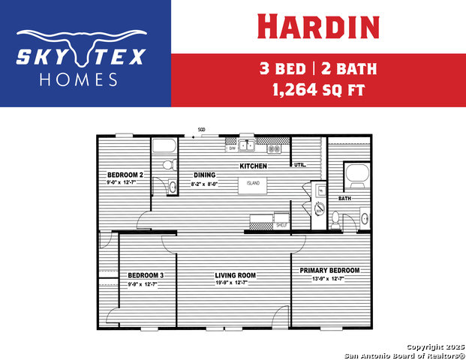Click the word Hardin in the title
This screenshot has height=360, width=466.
coord(317,26)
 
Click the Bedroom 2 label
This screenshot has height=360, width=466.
coord(125,175)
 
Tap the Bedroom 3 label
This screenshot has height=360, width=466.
coord(146,275)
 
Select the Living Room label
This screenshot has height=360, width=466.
coord(235,275)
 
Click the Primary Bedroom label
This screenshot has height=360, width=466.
coord(329,270)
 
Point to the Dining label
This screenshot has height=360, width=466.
coord(204,175)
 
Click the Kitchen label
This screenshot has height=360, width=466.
coord(254,166)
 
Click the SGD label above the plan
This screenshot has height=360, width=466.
coord(202,130)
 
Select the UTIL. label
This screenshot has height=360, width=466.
coord(299,165)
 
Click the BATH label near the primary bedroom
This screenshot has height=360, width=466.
coord(344,199)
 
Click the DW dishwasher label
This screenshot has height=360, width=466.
coord(233,148)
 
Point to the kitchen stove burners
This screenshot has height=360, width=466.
coord(275,148)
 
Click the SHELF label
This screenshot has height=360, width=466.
coord(281,225)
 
